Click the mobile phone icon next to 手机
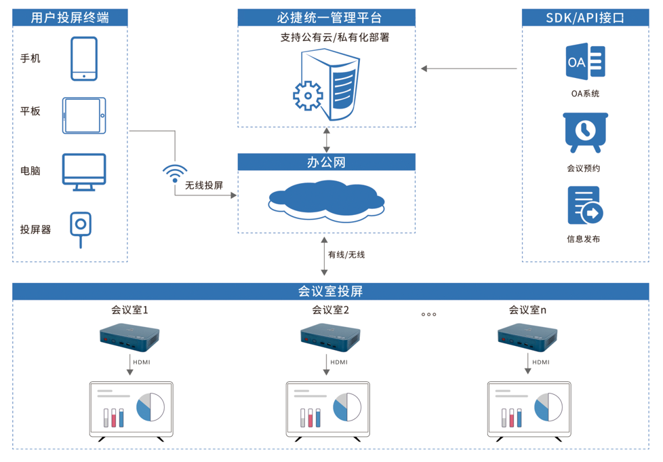[x=84, y=59]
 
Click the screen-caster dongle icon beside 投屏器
[x=81, y=228]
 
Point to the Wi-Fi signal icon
[x=175, y=173]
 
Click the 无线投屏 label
[x=204, y=185]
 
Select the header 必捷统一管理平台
[x=326, y=18]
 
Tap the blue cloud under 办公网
[x=326, y=200]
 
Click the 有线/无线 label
[x=346, y=254]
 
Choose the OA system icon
[x=585, y=62]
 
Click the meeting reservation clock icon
[x=585, y=132]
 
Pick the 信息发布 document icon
[x=584, y=206]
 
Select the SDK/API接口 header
[x=585, y=18]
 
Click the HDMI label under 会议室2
[x=339, y=362]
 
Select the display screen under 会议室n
[x=529, y=410]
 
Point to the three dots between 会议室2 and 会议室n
[x=428, y=314]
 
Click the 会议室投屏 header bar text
[x=331, y=292]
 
